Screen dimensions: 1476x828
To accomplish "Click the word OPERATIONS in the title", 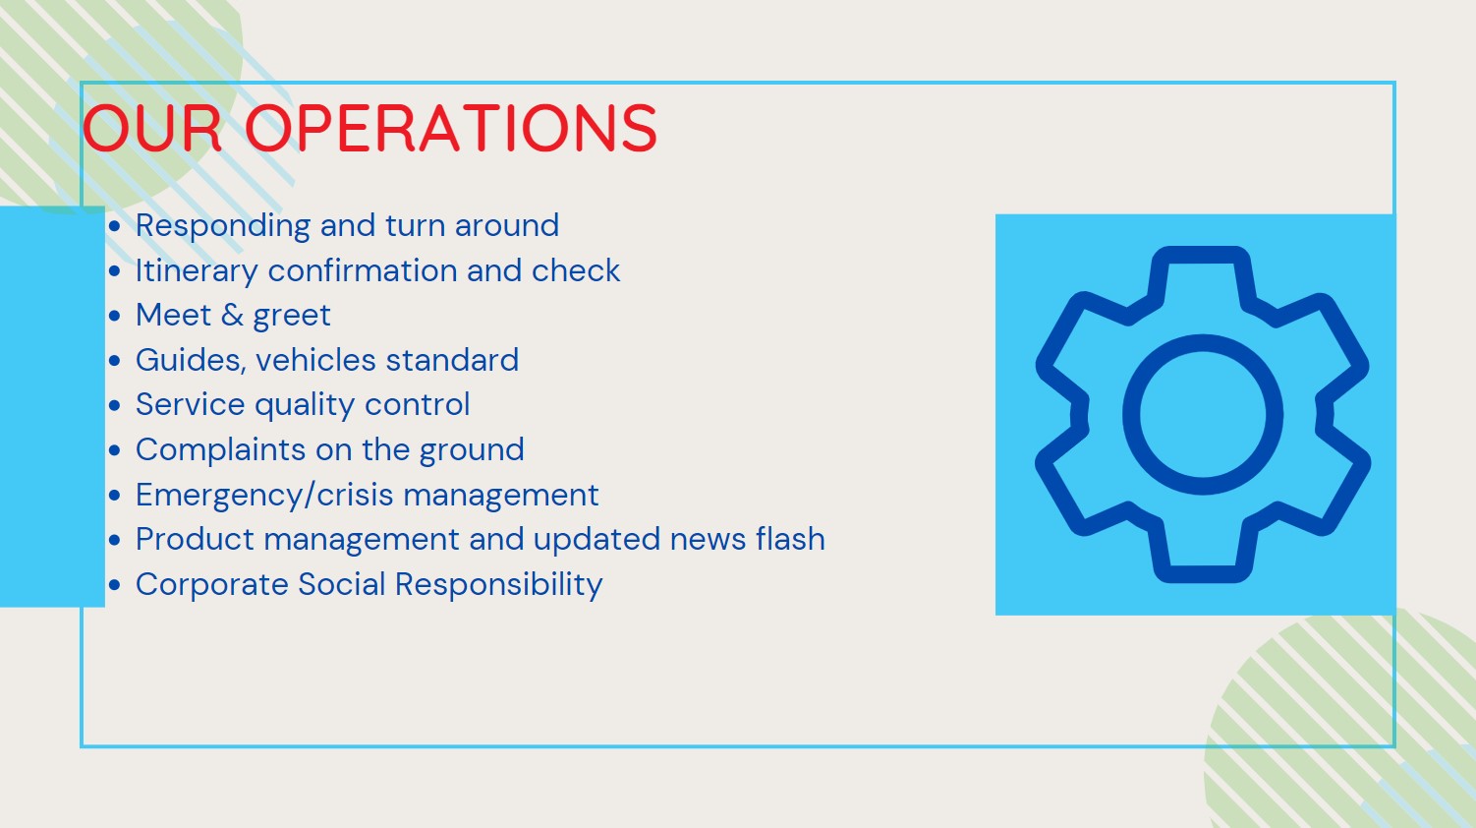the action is point(451,128).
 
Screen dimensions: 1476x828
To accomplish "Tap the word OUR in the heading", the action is point(152,128).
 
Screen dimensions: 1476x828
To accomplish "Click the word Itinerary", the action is point(197,271).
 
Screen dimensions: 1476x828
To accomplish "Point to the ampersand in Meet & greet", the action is point(232,315).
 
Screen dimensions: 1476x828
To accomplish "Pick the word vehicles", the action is point(315,361).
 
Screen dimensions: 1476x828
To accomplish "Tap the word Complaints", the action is point(221,450).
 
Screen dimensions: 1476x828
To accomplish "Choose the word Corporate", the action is point(211,585).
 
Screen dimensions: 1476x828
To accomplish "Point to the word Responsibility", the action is point(499,585).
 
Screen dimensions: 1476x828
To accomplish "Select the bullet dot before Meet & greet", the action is point(115,316).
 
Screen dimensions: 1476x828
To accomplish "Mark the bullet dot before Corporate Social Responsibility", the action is point(115,585).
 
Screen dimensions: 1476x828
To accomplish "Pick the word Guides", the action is point(191,361).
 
